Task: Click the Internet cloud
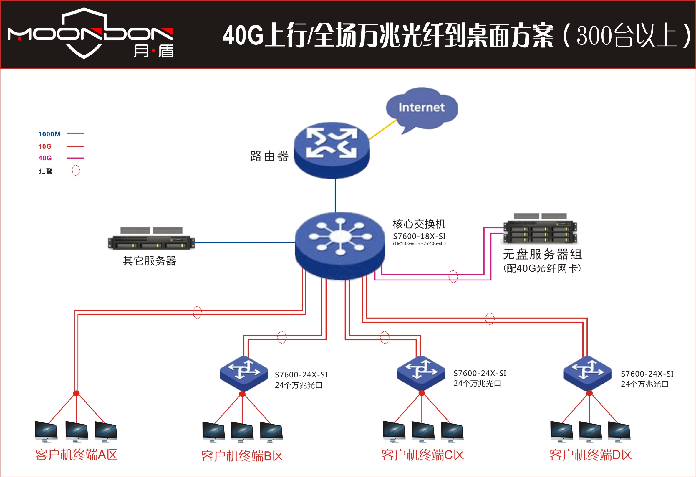coord(422,110)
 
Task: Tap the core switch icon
coord(340,246)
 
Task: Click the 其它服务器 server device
coord(151,238)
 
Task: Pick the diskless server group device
coord(540,228)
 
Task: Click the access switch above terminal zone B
coord(244,373)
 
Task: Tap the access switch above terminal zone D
coord(587,373)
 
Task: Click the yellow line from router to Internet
coord(383,129)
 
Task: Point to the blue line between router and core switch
coord(335,195)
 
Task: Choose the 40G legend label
coord(45,158)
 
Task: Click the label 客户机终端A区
coord(76,455)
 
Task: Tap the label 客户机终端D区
coord(591,455)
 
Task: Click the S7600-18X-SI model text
coord(419,236)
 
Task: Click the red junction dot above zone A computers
coord(76,393)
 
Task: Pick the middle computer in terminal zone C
coord(423,432)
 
